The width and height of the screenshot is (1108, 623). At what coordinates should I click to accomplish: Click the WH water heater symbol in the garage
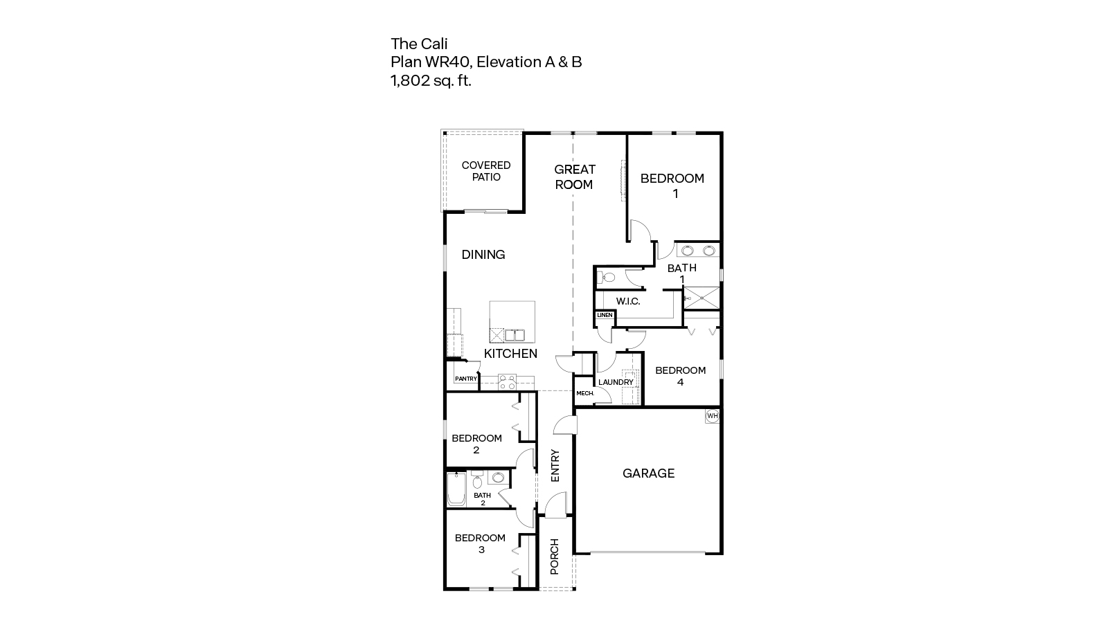tap(713, 416)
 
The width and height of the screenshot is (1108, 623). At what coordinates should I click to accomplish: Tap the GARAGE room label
tap(648, 473)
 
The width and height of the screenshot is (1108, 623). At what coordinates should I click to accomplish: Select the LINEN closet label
tap(605, 315)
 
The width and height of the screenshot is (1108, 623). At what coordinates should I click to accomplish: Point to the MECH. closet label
tap(585, 394)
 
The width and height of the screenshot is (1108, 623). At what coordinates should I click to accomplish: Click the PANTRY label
tap(466, 379)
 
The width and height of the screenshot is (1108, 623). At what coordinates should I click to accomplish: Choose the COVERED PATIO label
tap(486, 171)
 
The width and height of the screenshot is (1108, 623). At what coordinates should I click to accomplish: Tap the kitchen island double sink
tap(514, 336)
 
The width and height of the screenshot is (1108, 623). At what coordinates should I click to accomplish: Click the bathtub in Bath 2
tap(456, 489)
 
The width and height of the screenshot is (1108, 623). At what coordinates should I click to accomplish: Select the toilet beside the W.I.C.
tap(607, 278)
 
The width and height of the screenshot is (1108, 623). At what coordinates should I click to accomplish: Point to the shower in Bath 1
tap(702, 299)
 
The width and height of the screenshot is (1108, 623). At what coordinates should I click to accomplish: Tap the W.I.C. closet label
tap(628, 301)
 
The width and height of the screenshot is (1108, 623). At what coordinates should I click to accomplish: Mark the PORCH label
tap(555, 557)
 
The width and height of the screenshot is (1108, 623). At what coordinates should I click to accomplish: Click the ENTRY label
tap(555, 466)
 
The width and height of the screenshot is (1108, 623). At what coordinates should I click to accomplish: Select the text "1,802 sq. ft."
tap(431, 80)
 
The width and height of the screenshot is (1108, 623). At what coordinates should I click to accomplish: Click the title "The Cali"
tap(414, 44)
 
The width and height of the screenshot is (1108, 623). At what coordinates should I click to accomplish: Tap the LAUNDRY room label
tap(616, 382)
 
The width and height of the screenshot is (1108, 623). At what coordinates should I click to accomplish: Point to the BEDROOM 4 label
tap(680, 376)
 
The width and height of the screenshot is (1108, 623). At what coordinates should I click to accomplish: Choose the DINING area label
tap(483, 255)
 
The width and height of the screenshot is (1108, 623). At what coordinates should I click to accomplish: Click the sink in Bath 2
tap(498, 478)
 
